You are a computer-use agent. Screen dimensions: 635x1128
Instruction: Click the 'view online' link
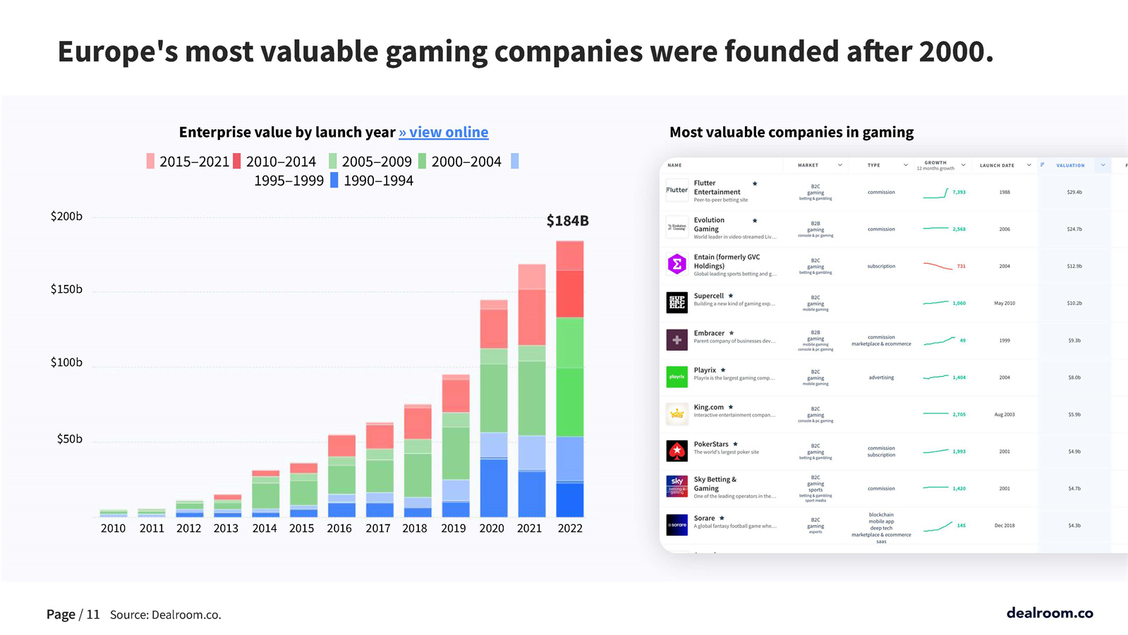[x=444, y=132]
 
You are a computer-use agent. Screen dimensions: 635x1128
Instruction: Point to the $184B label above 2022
[x=567, y=221]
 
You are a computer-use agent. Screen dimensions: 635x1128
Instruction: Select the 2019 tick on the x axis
[x=453, y=528]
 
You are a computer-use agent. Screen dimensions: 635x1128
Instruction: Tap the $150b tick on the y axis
[x=66, y=289]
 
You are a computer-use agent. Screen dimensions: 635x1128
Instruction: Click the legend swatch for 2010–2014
[x=237, y=162]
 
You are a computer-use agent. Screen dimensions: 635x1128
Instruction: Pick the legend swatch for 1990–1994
[x=334, y=181]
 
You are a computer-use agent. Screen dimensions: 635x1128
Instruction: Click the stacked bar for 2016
[x=341, y=476]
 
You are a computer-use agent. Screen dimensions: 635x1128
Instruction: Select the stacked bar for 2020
[x=493, y=409]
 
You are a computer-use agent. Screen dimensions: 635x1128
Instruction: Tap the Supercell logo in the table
[x=677, y=303]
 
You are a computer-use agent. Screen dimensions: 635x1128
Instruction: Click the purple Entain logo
[x=677, y=265]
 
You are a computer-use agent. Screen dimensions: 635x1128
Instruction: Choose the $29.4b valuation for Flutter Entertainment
[x=1074, y=192]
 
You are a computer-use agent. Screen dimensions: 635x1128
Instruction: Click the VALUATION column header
[x=1070, y=165]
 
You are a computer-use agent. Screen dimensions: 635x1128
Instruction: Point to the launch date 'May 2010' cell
[x=1004, y=303]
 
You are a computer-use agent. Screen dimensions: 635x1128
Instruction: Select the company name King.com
[x=708, y=407]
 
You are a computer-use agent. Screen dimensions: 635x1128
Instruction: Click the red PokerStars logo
[x=677, y=450]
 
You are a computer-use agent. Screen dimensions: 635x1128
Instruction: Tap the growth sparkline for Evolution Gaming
[x=935, y=229]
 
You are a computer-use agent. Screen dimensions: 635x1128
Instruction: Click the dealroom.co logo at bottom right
[x=1049, y=612]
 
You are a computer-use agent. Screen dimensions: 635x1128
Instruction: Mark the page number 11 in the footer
[x=93, y=615]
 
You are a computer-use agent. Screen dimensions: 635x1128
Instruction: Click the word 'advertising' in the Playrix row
[x=881, y=377]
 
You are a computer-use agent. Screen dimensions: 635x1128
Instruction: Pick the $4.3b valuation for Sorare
[x=1074, y=526]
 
